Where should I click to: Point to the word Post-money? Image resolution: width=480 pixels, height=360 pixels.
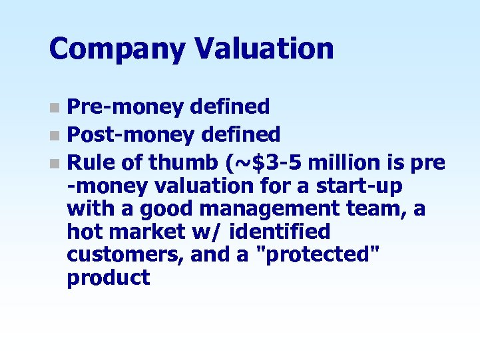tap(130, 135)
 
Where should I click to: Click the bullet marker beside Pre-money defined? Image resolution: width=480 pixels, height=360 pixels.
tap(58, 106)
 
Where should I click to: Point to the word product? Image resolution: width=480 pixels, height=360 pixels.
tap(108, 278)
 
